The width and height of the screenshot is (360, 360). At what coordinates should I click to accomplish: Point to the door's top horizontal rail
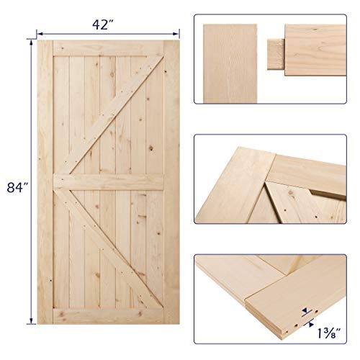(108, 47)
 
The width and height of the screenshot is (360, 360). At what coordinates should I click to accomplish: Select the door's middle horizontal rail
(108, 181)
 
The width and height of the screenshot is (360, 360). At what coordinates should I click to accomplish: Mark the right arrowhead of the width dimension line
(177, 32)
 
